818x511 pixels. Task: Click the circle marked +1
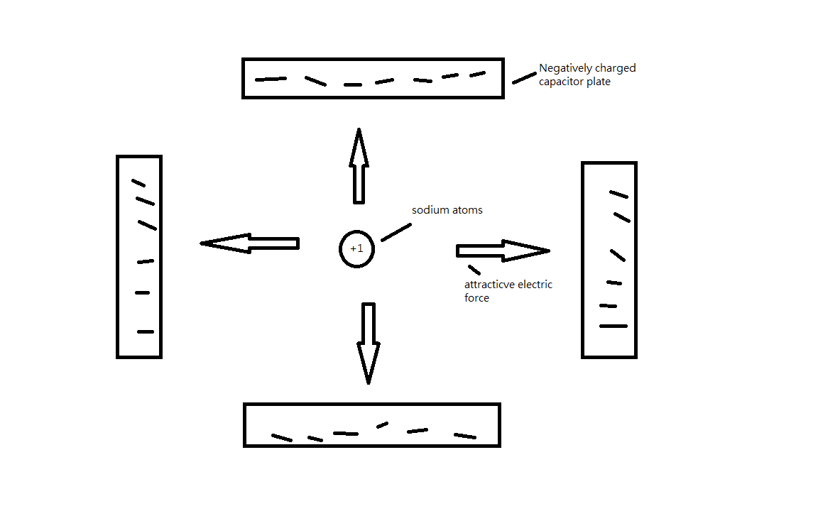tap(356, 249)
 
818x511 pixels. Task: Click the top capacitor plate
tap(373, 78)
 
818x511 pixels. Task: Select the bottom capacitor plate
tap(372, 424)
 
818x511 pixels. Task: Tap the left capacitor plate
tap(139, 256)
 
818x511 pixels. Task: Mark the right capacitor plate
tap(609, 260)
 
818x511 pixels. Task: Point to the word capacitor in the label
tap(562, 82)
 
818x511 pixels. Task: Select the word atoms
tap(467, 210)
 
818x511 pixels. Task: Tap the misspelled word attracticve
tap(490, 285)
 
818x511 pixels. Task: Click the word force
tap(476, 298)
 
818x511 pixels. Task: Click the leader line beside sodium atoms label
tap(396, 232)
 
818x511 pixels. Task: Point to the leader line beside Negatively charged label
tap(524, 77)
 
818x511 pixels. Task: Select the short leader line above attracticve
tap(474, 269)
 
